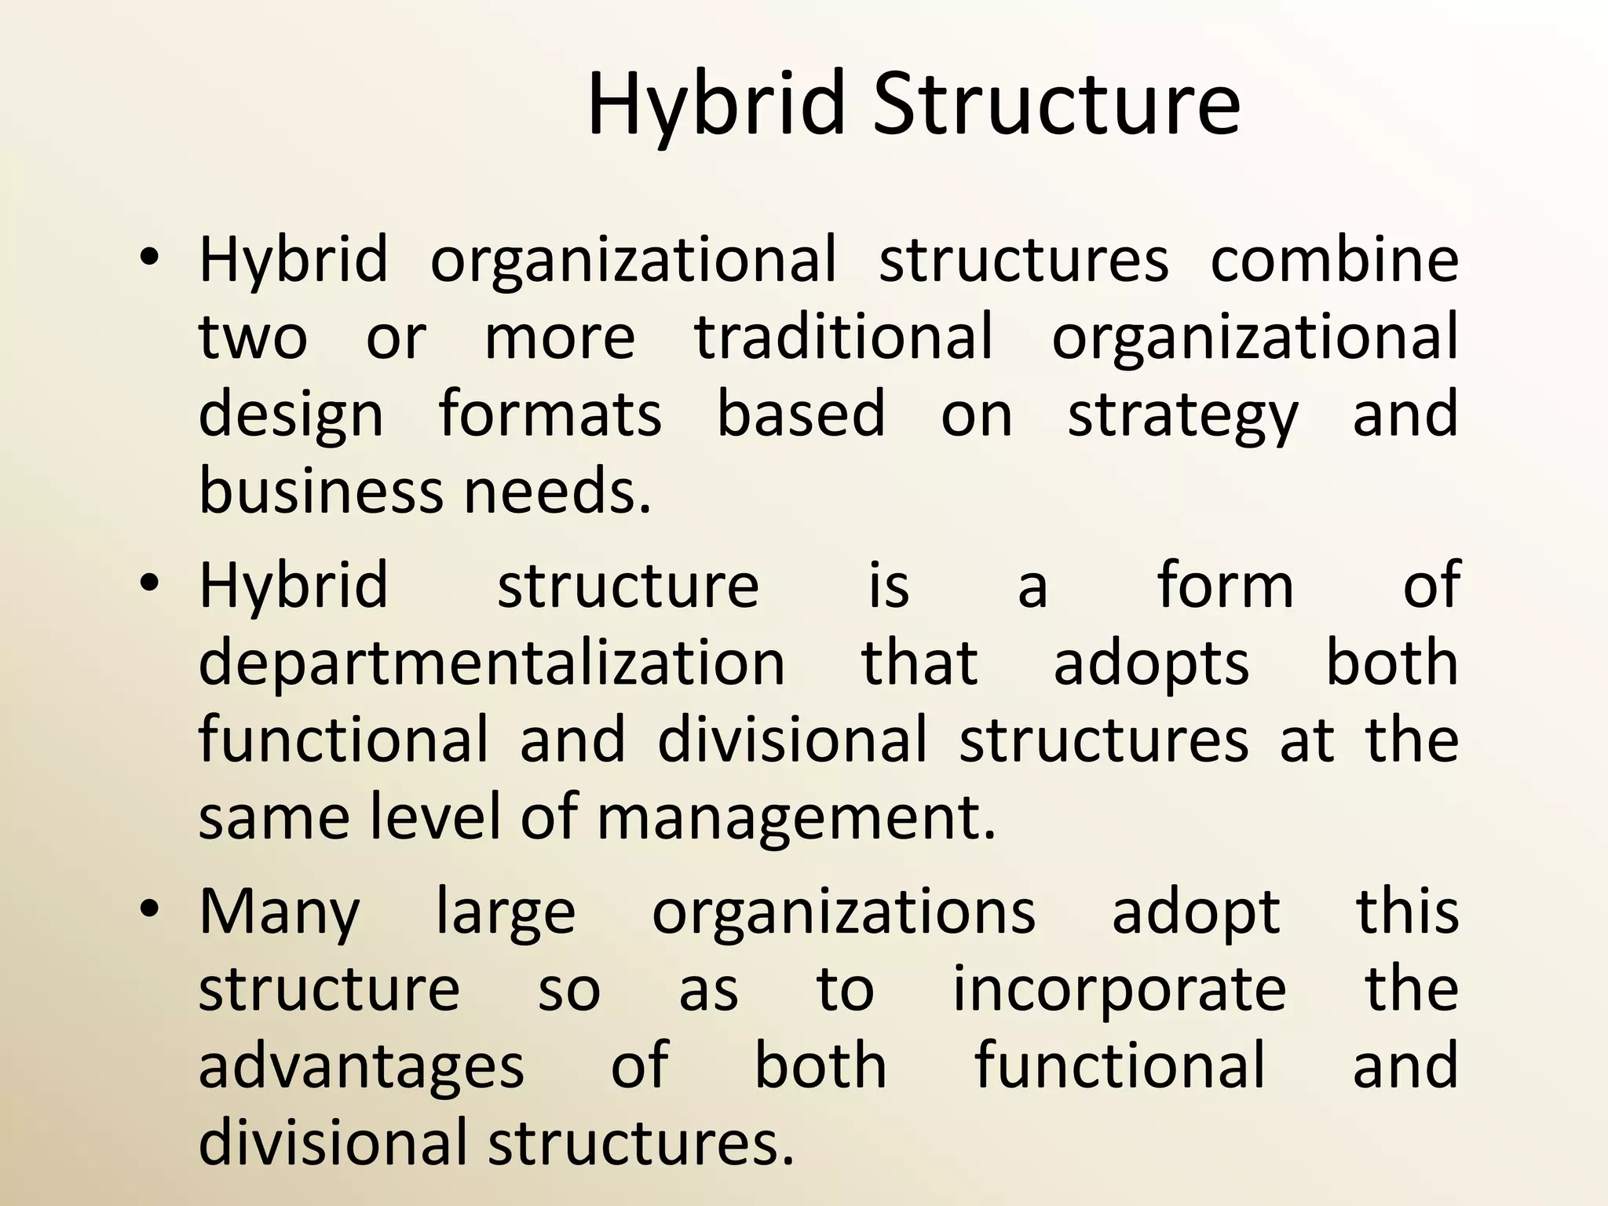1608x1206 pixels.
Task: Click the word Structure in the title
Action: [x=1056, y=104]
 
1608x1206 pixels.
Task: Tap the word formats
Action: [x=550, y=414]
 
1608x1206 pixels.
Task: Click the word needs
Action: [x=557, y=491]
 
